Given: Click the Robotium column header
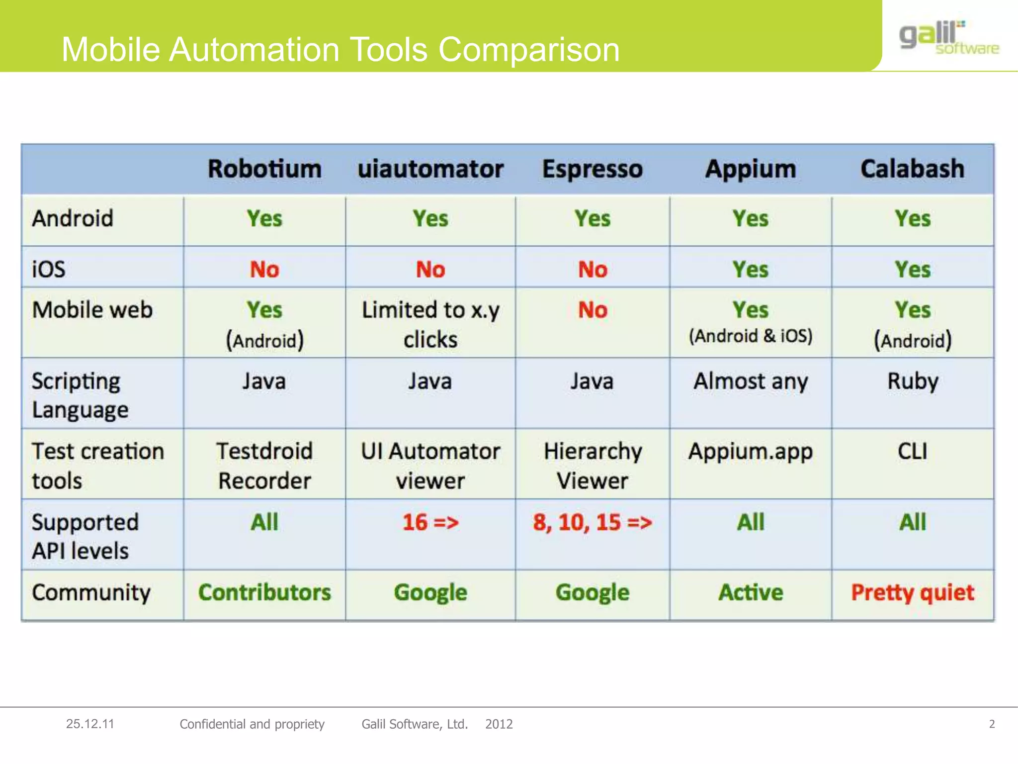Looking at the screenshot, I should (x=264, y=169).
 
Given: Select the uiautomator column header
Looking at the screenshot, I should (x=430, y=169).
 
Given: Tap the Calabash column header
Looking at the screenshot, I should (x=912, y=169).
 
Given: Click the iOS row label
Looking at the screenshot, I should (x=49, y=270).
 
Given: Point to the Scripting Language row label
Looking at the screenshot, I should (x=80, y=395).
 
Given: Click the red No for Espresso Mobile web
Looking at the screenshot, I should (x=593, y=310).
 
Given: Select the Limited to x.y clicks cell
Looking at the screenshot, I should (x=430, y=324).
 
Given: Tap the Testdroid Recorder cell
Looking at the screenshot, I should (x=264, y=466).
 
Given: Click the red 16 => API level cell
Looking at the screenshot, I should (x=430, y=523).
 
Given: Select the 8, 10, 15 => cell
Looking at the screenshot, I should (x=593, y=523).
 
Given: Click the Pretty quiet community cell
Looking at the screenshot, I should (x=913, y=593).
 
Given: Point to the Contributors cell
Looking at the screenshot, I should (x=264, y=593).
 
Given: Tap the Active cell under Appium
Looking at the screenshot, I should (x=751, y=593).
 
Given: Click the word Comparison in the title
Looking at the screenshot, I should (x=529, y=50).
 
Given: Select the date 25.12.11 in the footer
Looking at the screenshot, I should (x=90, y=724).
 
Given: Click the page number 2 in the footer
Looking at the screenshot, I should (x=992, y=724).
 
